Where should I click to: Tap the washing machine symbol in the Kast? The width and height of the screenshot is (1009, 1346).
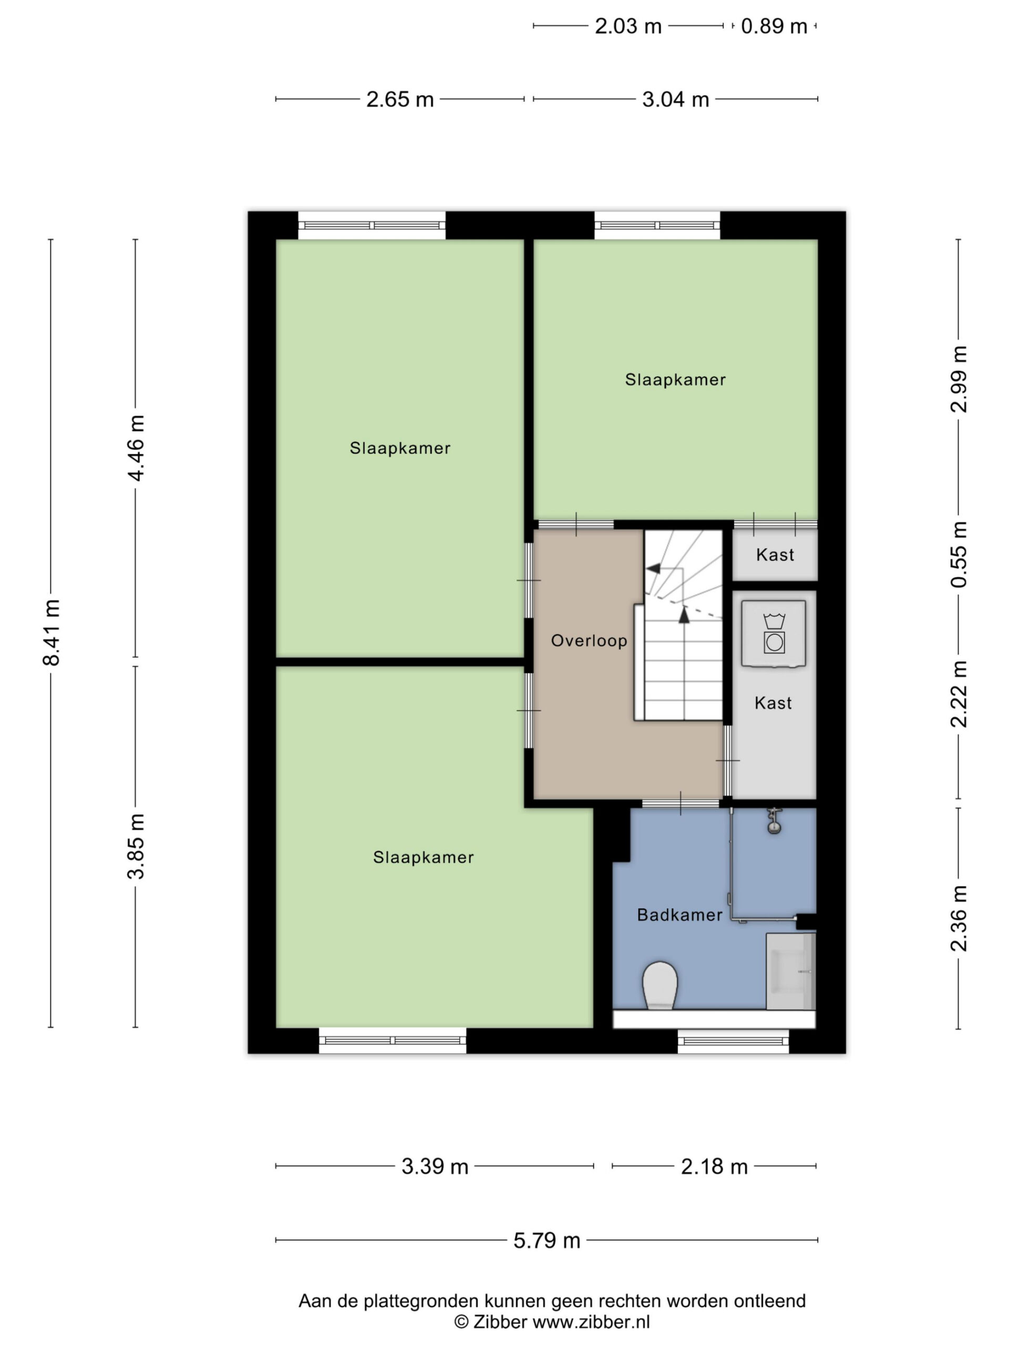point(774,634)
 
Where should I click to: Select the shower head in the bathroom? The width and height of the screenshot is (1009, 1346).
point(774,821)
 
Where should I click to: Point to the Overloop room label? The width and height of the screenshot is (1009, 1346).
point(589,640)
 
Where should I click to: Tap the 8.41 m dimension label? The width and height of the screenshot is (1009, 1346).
point(52,632)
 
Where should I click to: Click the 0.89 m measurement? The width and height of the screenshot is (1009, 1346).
point(774,26)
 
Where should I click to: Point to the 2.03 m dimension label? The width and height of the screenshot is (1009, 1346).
point(627,26)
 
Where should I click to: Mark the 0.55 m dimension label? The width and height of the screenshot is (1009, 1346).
point(959,554)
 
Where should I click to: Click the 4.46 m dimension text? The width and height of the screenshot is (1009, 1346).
point(136,448)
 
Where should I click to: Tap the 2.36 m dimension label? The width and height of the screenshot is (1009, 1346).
point(959,918)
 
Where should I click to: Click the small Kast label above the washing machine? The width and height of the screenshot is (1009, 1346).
point(775,554)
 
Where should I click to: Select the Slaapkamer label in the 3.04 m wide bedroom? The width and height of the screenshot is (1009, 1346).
point(675,380)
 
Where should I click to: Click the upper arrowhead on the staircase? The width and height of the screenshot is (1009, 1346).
point(653,568)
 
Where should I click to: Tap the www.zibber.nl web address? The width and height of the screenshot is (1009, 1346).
point(591,1322)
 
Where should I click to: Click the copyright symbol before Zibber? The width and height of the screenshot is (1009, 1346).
point(461,1322)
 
